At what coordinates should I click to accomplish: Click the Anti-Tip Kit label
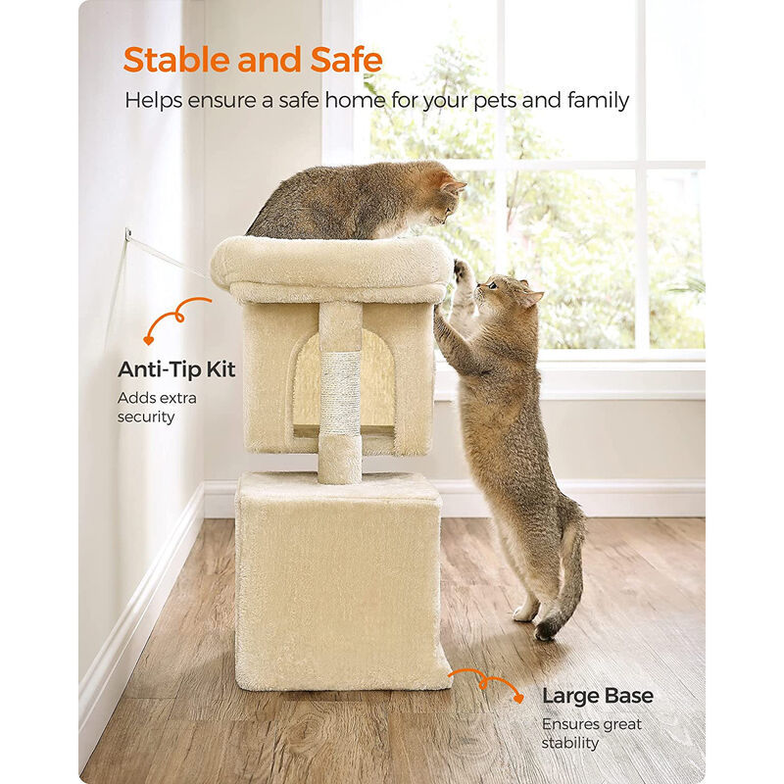pos(176,369)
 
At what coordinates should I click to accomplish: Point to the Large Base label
pos(598,696)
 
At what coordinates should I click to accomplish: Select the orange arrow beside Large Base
pos(485,682)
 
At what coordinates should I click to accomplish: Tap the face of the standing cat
pos(502,294)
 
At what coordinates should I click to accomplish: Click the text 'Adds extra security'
pos(157,408)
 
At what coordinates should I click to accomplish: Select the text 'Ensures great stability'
pos(592,733)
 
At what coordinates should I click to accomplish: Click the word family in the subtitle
pos(597,101)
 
